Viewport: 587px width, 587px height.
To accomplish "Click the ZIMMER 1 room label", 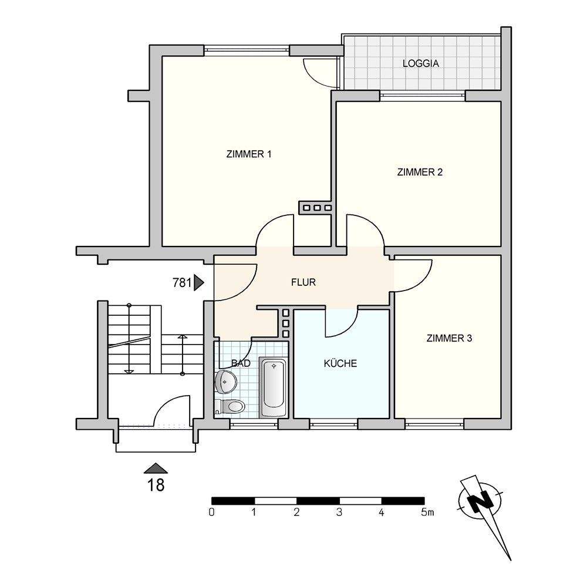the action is pyautogui.click(x=248, y=154).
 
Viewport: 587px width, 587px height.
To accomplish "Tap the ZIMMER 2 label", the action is pyautogui.click(x=420, y=172).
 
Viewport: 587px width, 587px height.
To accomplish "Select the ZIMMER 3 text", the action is pyautogui.click(x=449, y=339).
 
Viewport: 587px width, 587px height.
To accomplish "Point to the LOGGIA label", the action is pyautogui.click(x=421, y=63).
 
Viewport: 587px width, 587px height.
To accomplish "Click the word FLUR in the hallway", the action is pyautogui.click(x=303, y=282).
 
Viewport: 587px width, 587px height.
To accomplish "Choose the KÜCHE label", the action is pyautogui.click(x=340, y=363).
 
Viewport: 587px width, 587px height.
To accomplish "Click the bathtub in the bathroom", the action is pyautogui.click(x=274, y=387).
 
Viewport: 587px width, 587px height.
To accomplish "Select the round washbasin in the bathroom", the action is pyautogui.click(x=225, y=382).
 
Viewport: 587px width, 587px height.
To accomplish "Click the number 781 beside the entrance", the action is pyautogui.click(x=182, y=283).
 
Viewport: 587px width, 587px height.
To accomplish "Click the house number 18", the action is pyautogui.click(x=156, y=485).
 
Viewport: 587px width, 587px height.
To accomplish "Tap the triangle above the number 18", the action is pyautogui.click(x=156, y=468).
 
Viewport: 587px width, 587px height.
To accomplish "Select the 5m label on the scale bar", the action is pyautogui.click(x=427, y=512).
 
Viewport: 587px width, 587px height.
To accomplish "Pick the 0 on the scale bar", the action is pyautogui.click(x=212, y=512).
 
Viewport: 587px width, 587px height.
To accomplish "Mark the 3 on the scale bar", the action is pyautogui.click(x=339, y=512).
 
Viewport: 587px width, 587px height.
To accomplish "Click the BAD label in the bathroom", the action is pyautogui.click(x=240, y=363).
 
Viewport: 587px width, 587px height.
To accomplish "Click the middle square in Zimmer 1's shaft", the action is pyautogui.click(x=318, y=207).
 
